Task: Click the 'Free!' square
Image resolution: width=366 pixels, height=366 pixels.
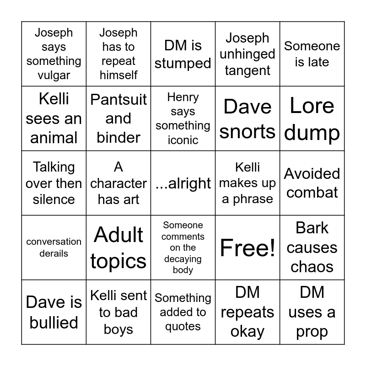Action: pos(248,248)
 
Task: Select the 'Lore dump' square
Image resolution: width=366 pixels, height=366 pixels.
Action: pos(312,118)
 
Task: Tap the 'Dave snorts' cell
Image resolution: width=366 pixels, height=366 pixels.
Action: pos(248,118)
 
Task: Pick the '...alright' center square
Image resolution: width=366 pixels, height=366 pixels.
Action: pos(183,183)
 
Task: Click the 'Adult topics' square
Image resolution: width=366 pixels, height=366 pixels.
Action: pos(118,248)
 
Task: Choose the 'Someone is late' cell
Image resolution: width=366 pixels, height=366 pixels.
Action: pos(312,54)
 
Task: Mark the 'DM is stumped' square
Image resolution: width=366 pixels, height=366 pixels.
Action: pos(183,54)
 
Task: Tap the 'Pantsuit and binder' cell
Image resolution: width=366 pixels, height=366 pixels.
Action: pos(118,118)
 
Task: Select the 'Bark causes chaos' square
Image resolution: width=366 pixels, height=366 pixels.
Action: pos(312,248)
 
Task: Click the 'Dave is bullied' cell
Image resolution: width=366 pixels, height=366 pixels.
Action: pos(54,312)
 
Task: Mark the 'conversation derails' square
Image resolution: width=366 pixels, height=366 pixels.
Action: pos(54,248)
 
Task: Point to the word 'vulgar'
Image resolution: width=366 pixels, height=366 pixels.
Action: pos(54,75)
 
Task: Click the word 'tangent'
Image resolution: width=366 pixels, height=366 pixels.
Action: pos(248,70)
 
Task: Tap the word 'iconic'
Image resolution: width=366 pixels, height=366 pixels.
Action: pos(183,140)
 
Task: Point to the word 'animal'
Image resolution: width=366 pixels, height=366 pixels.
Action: pos(54,138)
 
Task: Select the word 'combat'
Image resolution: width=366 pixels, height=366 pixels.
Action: pos(312,192)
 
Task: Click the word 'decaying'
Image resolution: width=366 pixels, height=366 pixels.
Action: pos(183,259)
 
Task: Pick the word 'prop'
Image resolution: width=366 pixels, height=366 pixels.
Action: pos(312,332)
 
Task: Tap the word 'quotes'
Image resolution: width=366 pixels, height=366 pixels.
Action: pos(183,327)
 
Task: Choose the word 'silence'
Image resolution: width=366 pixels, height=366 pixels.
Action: pos(54,199)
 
